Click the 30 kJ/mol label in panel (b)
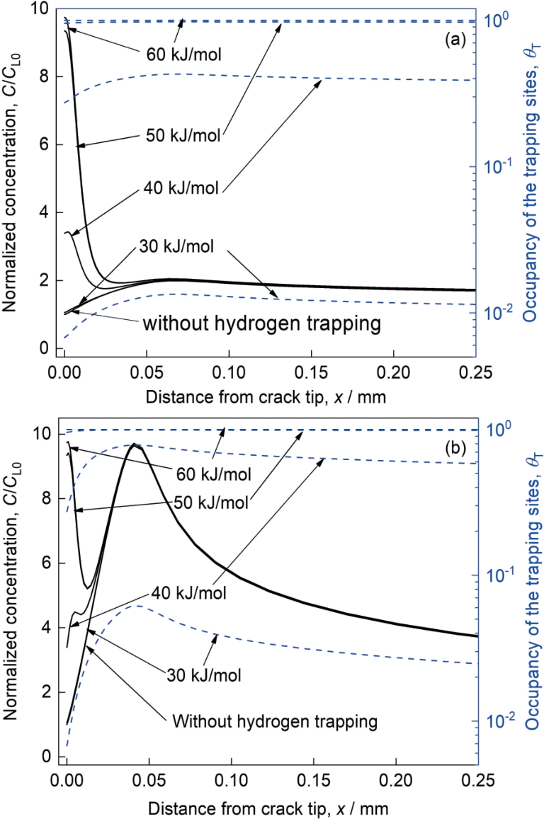pos(204,674)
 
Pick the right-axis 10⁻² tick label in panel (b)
pos(493,720)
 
